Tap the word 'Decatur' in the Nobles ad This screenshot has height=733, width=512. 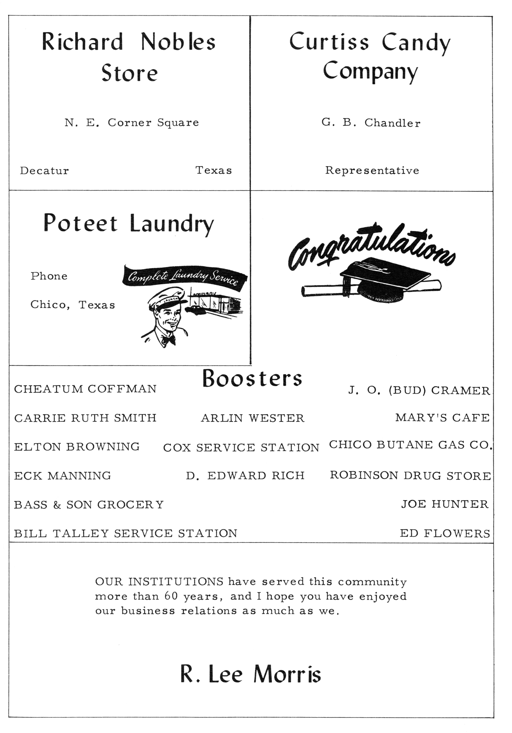(x=44, y=171)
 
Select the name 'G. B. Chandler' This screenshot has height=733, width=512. (x=371, y=123)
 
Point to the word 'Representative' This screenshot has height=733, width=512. (x=372, y=170)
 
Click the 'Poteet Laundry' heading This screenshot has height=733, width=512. (x=129, y=223)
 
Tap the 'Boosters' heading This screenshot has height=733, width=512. (x=252, y=379)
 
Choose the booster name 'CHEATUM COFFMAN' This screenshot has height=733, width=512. (x=85, y=389)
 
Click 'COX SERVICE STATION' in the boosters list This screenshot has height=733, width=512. (x=241, y=448)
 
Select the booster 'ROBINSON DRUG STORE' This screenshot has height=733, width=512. (x=410, y=476)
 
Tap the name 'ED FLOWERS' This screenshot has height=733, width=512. (x=445, y=533)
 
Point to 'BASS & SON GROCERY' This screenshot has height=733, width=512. (x=89, y=505)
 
